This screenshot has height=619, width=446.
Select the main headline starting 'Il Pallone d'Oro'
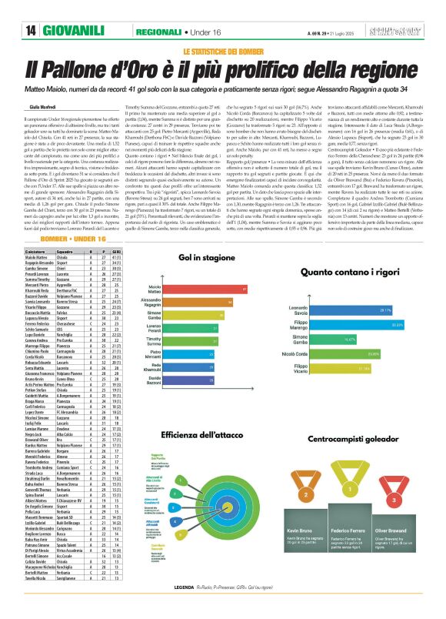[x=224, y=68]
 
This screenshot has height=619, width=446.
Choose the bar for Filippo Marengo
[x=373, y=325]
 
